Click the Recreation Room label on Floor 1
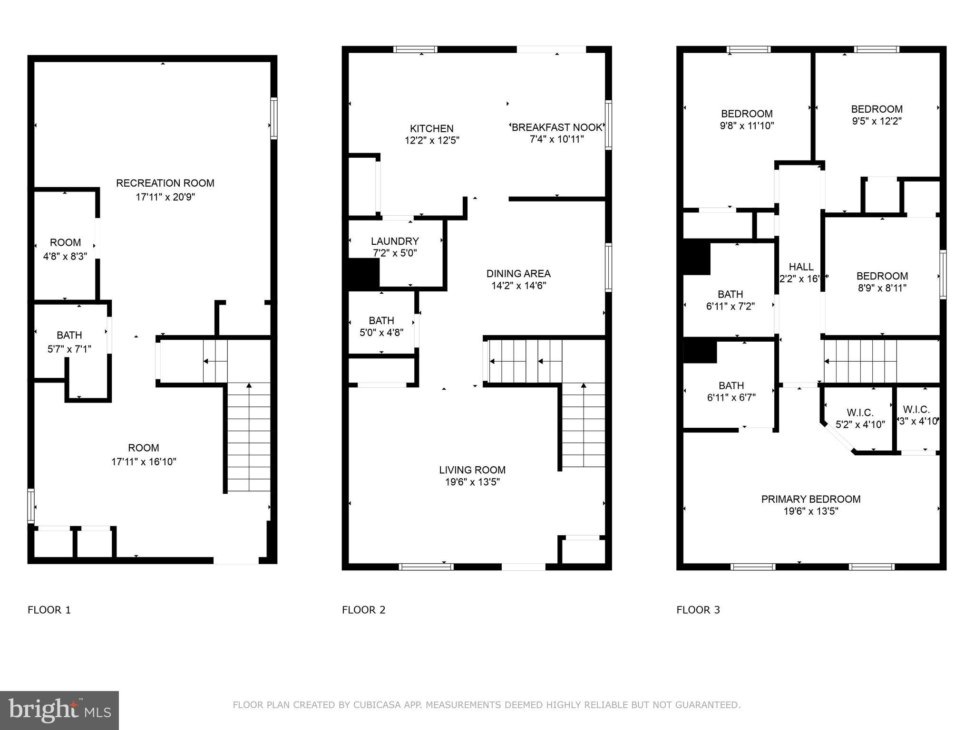point(165,183)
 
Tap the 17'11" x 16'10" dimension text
point(144,461)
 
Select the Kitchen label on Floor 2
point(431,128)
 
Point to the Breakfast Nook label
point(556,127)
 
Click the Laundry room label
point(395,241)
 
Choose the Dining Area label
point(518,273)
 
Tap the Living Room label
point(472,470)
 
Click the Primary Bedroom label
point(810,499)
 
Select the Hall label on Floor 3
point(801,267)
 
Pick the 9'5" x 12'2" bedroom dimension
point(877,121)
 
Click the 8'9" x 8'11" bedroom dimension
point(882,288)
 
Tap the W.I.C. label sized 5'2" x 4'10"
point(860,413)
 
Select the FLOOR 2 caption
point(363,610)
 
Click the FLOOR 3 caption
point(698,610)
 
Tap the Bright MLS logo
point(59,711)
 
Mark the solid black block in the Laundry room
point(364,273)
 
